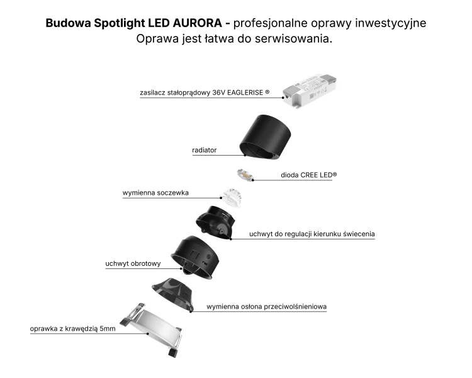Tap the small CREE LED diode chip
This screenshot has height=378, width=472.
click(x=244, y=175)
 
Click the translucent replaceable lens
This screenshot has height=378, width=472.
click(x=232, y=197)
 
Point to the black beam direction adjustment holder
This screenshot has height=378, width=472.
click(x=215, y=222)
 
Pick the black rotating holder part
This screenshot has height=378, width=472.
click(x=195, y=257)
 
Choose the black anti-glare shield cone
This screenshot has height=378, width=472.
click(x=173, y=294)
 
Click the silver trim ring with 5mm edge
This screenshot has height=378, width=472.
click(x=152, y=329)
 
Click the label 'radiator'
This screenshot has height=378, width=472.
click(x=205, y=150)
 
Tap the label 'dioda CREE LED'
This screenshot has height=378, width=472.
click(x=308, y=175)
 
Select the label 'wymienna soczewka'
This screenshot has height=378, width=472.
click(x=155, y=193)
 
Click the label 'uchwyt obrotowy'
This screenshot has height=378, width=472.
click(x=133, y=264)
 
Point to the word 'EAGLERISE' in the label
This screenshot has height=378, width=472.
click(x=245, y=93)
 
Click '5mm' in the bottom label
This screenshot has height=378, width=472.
click(x=108, y=329)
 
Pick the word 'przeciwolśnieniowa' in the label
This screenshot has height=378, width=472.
click(x=295, y=307)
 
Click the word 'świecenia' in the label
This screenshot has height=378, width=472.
click(x=359, y=234)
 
